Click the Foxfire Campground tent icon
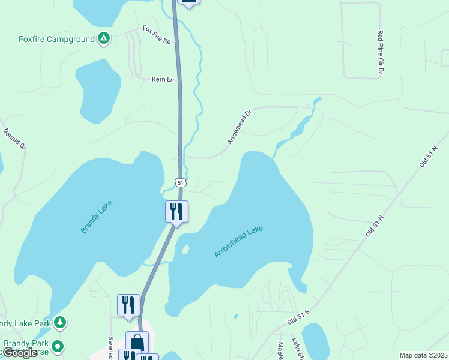tap(104, 39)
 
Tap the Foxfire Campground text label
tap(56, 40)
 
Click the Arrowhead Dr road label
tap(238, 127)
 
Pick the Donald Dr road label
tap(15, 138)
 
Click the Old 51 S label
tap(298, 317)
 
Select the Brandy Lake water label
tap(97, 217)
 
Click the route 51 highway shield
tap(181, 182)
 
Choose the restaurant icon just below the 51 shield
tap(176, 212)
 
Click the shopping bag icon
tap(137, 343)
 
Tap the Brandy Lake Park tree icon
tap(59, 323)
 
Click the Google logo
tap(20, 353)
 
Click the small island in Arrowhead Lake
tap(185, 248)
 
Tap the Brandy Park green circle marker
tap(58, 346)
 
